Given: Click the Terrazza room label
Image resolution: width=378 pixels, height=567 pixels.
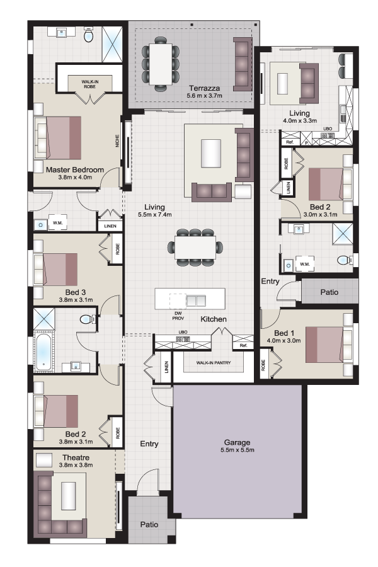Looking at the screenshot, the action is pos(204,88).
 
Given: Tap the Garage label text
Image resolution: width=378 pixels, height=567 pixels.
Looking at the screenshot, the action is pos(237,442).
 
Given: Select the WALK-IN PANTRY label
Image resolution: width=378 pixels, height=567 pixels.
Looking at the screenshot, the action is pos(214,362).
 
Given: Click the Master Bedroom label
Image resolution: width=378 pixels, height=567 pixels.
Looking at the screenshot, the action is pos(75,169).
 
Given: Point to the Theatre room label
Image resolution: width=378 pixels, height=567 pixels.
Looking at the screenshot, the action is pos(76,457).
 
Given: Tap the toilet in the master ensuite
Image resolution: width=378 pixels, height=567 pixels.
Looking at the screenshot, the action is pos(89,36).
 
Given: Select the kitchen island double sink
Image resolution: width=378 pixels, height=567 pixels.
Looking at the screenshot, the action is pos(196,300).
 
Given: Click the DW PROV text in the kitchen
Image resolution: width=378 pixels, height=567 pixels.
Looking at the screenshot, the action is pos(178,316).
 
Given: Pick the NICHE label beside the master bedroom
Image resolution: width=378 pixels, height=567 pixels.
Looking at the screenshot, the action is pos(117,141).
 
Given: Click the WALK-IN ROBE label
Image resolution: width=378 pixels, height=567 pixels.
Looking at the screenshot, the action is pos(89,84).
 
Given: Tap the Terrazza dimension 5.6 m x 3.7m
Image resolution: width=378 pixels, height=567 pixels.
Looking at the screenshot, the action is pos(204,96).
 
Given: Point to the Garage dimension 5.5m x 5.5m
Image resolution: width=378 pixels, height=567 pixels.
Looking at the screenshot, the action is pos(238,450).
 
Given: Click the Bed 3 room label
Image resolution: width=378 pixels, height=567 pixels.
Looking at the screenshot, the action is pos(76,292).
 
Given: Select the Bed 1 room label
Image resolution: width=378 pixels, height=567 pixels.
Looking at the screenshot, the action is pos(284,333).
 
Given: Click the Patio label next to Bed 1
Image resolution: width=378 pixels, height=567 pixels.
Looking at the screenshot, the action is pos(329,292).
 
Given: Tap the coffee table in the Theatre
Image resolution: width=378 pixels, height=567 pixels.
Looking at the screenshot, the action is pos(69,496).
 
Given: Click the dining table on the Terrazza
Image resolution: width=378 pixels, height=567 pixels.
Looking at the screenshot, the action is pos(161,63).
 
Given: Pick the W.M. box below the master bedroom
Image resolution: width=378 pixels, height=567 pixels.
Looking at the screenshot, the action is pos(58,223).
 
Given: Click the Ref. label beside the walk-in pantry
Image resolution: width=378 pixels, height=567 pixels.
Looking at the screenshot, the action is pos(243,346).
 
